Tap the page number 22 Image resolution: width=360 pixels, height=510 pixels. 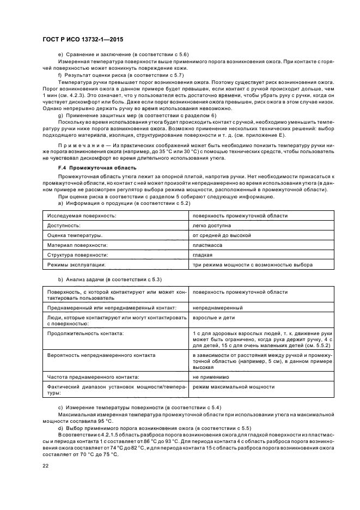click(x=46, y=465)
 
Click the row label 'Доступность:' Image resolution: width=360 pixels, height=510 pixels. click(x=64, y=226)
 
